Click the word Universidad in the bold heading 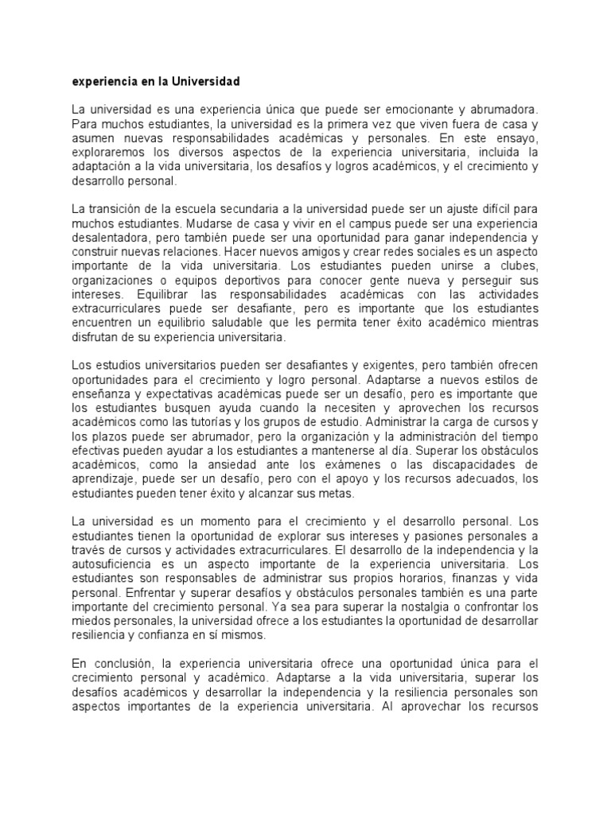pyautogui.click(x=204, y=82)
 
